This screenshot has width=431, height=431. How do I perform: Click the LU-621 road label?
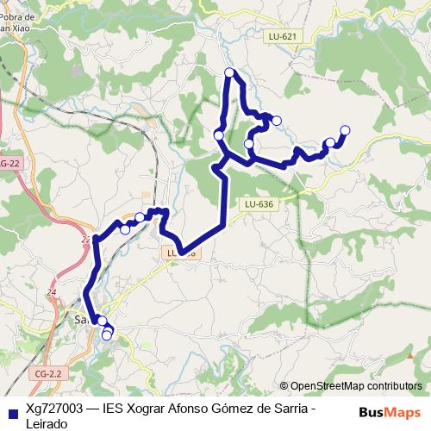[x=283, y=36]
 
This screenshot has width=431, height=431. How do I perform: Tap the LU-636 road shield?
[x=259, y=203]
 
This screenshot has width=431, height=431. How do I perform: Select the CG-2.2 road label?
[x=51, y=373]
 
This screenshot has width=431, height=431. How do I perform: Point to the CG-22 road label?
[x=9, y=163]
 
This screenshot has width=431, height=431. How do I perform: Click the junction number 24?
[x=52, y=293]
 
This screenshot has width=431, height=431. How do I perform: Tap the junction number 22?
[x=85, y=240]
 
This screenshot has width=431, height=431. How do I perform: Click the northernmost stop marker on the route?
[x=229, y=72]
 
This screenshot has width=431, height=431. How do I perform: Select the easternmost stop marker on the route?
[x=345, y=130]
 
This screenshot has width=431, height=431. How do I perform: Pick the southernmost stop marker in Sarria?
[x=107, y=335]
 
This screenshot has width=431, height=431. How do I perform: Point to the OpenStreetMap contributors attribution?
[x=355, y=386]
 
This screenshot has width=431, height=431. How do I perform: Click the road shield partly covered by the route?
[x=179, y=253]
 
